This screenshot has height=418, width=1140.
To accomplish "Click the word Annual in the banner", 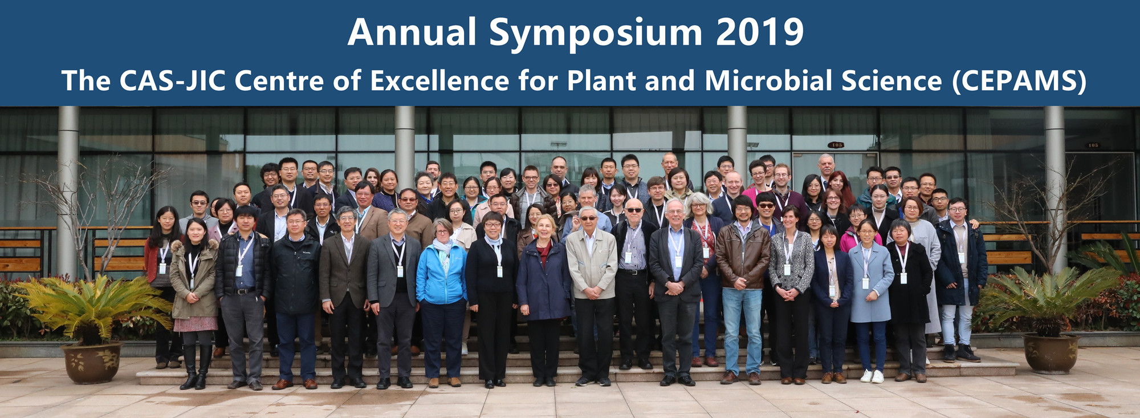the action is click(x=412, y=32).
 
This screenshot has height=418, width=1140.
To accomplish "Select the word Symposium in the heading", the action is click(x=596, y=34).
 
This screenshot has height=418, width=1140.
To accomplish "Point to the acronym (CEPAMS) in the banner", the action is click(x=1019, y=81).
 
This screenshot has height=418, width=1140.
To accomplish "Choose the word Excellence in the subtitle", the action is click(x=439, y=80).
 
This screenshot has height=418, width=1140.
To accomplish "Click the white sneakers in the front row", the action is click(x=872, y=376).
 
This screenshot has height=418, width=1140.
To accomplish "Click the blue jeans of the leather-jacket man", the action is click(x=742, y=330).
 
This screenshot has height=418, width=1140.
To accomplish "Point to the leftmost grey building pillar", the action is click(x=68, y=191).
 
